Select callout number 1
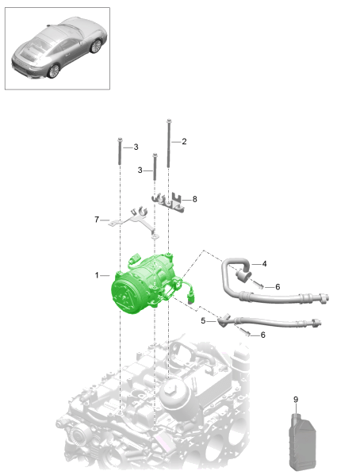pyautogui.click(x=97, y=275)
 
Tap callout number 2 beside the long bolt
pyautogui.click(x=184, y=141)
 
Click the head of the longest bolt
pyautogui.click(x=169, y=121)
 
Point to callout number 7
pyautogui.click(x=97, y=220)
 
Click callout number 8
pyautogui.click(x=194, y=199)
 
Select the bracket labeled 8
pyautogui.click(x=168, y=202)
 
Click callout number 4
pyautogui.click(x=264, y=264)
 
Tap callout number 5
pyautogui.click(x=203, y=320)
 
